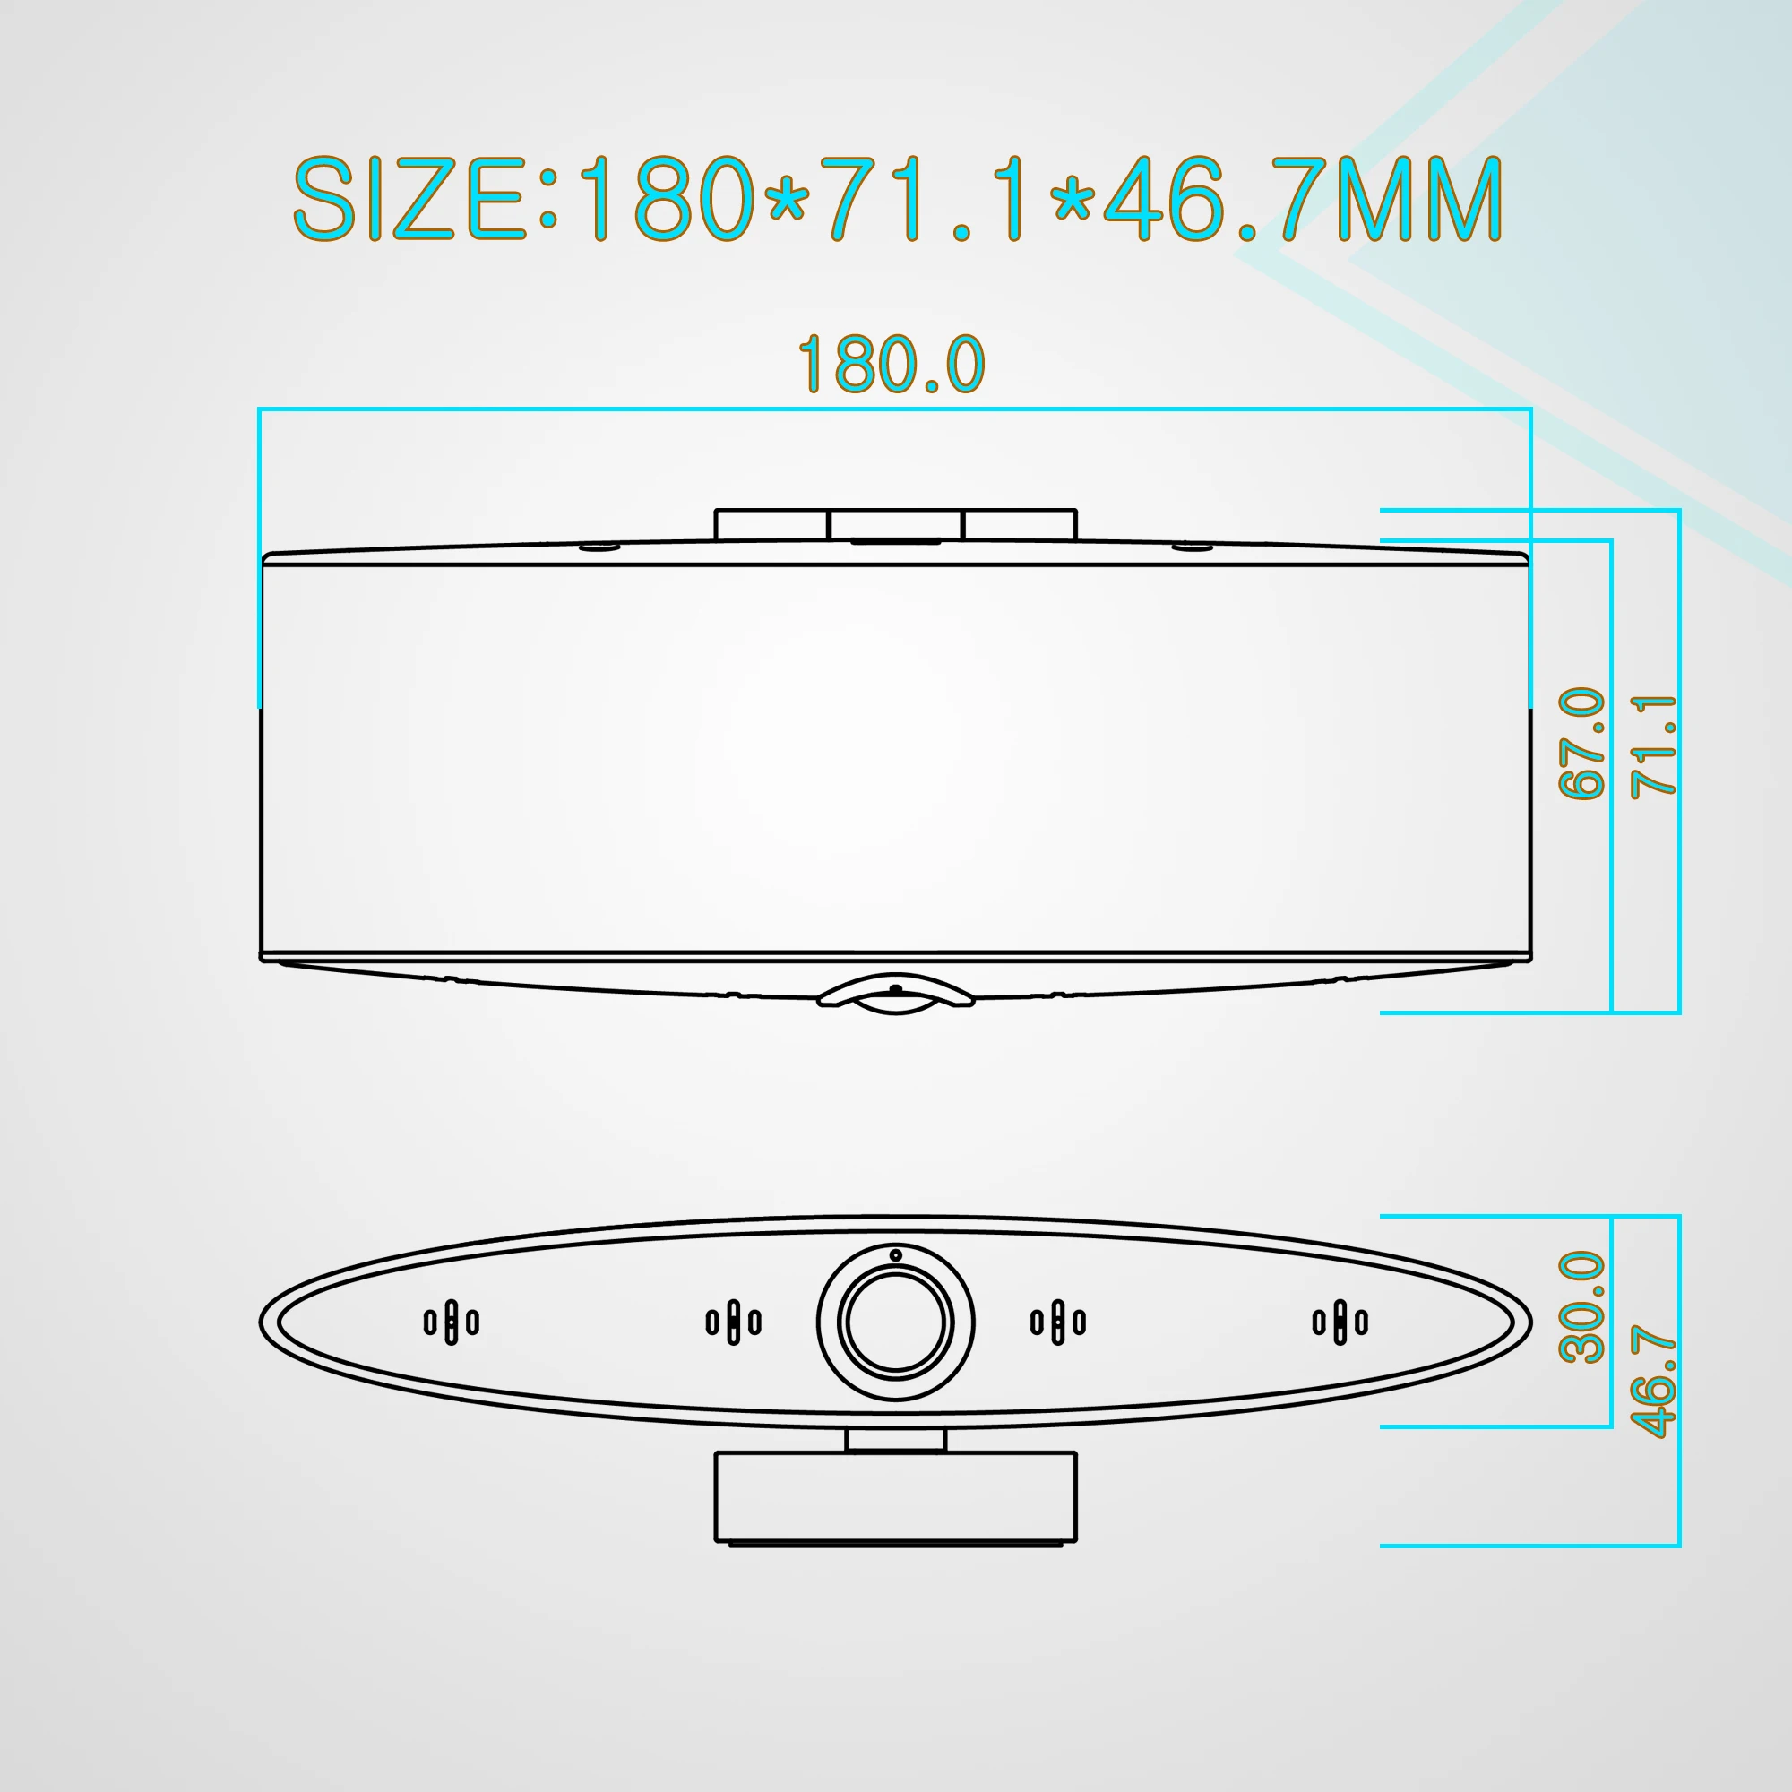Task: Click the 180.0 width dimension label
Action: [891, 365]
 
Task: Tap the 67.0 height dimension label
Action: [1582, 743]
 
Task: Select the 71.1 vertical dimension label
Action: [1654, 746]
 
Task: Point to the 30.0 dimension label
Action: [1582, 1307]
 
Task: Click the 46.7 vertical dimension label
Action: [1654, 1382]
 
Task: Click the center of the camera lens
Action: [895, 1322]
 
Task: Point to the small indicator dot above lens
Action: [895, 1255]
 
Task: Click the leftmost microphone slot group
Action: [451, 1322]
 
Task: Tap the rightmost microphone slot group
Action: [1340, 1322]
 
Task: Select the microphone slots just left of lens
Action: [733, 1322]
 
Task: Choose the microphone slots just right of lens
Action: [1057, 1322]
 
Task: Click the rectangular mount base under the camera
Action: [895, 1495]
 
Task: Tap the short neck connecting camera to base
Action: [895, 1440]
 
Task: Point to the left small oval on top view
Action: [599, 547]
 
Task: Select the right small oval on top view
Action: [1192, 547]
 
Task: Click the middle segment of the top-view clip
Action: [895, 524]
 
